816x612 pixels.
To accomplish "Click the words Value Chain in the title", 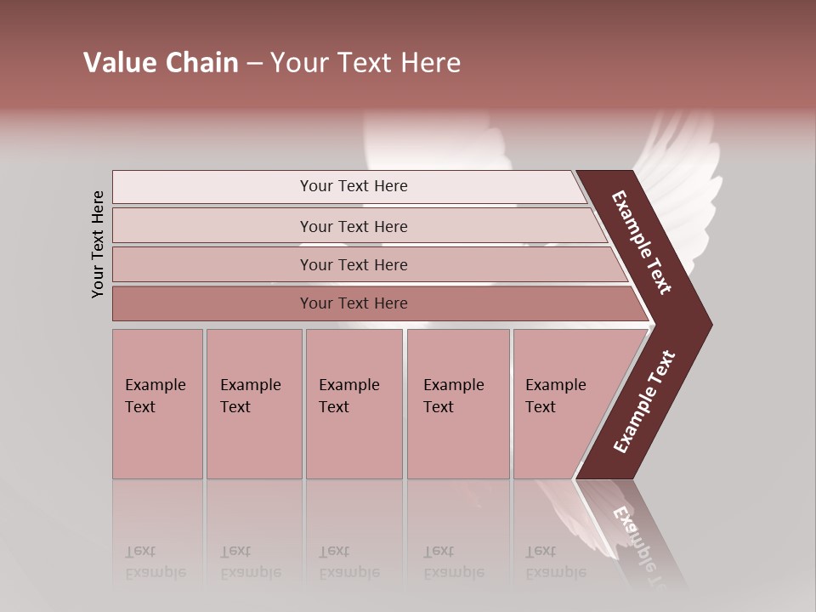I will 161,63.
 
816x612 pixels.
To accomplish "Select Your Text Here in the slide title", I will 365,63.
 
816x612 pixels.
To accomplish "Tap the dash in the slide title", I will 254,64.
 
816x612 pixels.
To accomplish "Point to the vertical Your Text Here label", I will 98,244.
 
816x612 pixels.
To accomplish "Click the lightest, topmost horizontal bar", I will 353,186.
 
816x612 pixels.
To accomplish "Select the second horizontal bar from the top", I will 353,226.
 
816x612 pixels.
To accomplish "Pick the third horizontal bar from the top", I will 353,264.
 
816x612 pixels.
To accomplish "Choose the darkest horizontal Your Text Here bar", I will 353,303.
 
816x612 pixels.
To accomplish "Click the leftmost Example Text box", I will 157,404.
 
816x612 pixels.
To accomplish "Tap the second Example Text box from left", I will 253,404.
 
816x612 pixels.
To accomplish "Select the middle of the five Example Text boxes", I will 354,404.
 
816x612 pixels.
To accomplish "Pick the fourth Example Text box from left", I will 457,404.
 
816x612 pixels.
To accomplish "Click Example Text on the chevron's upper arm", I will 643,242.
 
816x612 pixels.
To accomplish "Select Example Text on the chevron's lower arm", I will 644,401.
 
